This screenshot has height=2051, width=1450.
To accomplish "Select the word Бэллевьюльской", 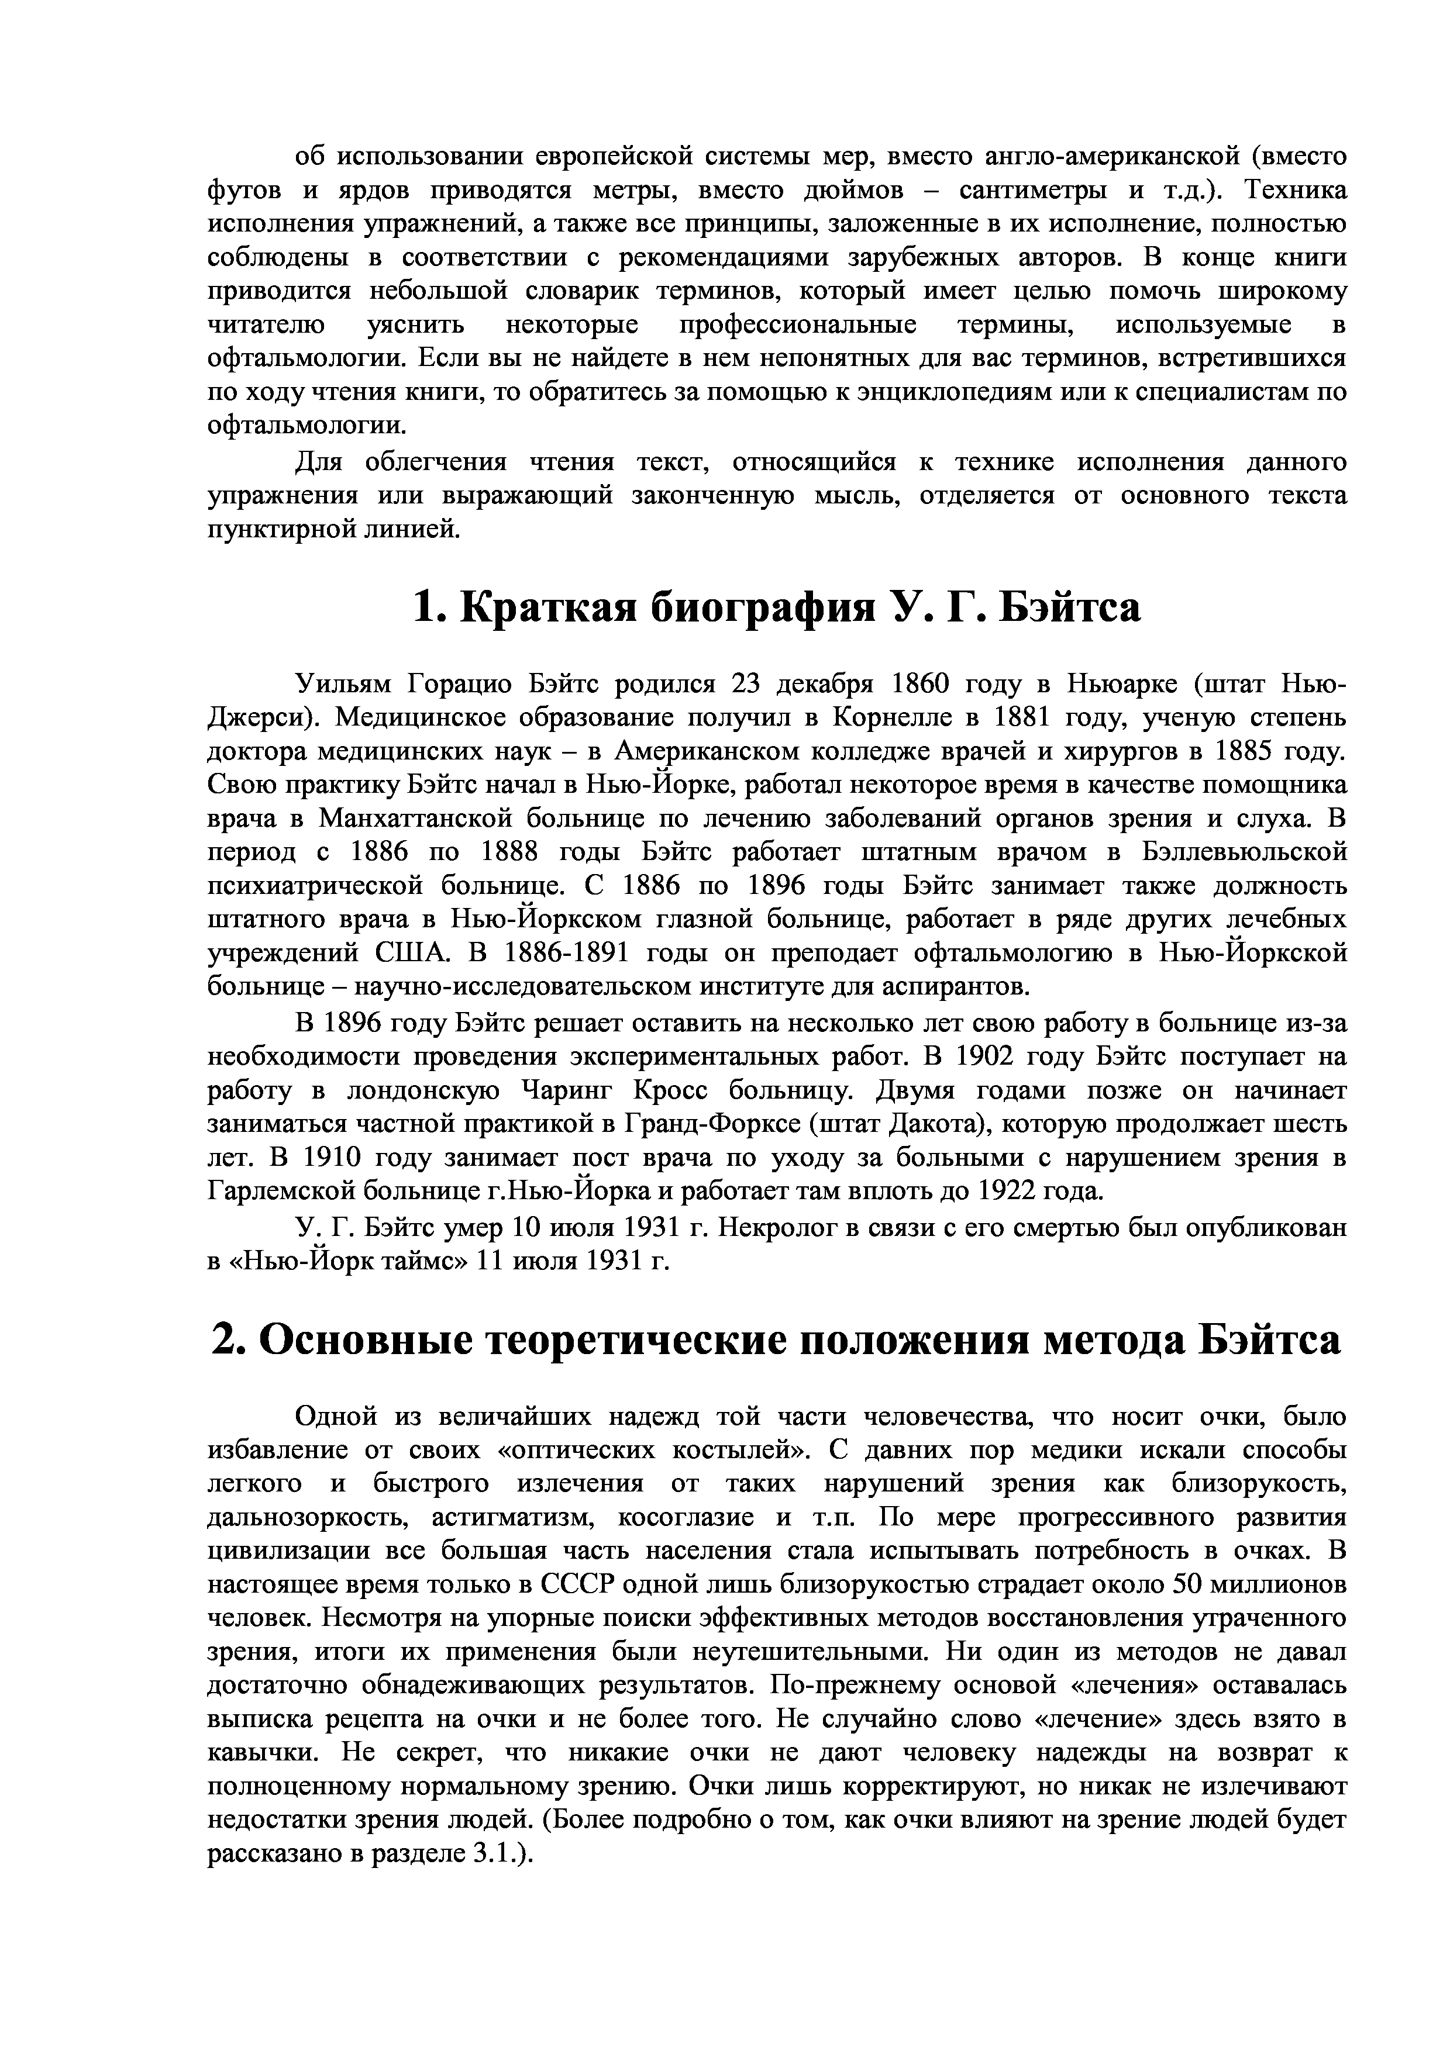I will (x=1245, y=852).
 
